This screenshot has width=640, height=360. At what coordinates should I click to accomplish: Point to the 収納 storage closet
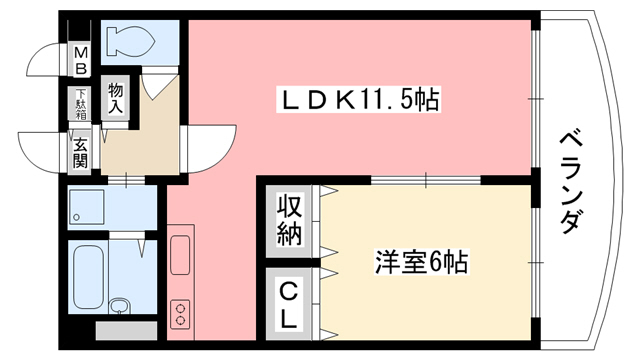pos(289,222)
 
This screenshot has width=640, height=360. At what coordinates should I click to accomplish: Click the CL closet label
pos(289,305)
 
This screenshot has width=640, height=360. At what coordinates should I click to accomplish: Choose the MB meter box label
pos(79,60)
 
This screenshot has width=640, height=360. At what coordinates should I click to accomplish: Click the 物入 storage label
pos(117,98)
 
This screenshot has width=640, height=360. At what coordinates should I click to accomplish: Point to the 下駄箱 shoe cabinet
pos(79,104)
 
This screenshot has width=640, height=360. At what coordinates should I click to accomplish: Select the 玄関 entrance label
pos(79,149)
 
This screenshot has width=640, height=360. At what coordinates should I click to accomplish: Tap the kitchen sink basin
pos(181,256)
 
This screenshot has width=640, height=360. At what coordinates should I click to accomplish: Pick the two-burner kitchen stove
pos(181,314)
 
